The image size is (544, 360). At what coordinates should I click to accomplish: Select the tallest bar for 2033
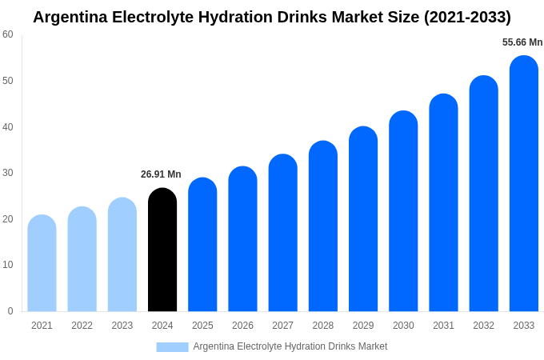coord(523,183)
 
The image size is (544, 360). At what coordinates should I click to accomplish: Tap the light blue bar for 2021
coord(42,263)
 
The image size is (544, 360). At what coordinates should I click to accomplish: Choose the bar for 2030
coord(403,211)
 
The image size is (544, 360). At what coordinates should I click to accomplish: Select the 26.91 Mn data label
coord(161,174)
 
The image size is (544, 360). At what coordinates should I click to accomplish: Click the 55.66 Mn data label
coord(522,42)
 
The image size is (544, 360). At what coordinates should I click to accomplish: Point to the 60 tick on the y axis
coord(8,34)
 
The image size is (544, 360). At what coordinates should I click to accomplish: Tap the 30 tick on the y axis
coord(8,173)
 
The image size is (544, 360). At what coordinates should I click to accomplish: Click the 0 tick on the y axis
coord(10,311)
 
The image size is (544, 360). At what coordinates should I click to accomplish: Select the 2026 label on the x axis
coord(242,326)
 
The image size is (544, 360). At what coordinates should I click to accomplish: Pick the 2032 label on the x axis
coord(483,326)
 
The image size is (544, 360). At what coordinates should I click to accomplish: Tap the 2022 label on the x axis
coord(82,326)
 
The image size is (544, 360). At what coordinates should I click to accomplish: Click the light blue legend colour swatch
coord(172,347)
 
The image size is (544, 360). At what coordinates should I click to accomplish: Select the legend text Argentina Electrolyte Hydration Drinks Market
coord(290,346)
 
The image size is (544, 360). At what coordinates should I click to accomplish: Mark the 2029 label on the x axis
coord(363,326)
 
